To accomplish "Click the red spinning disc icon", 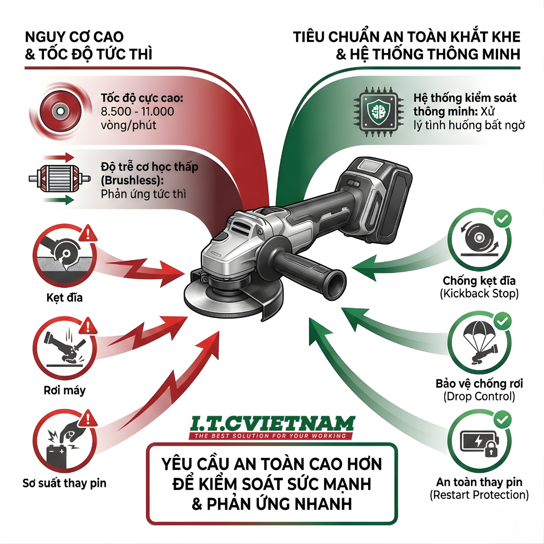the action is tap(60, 111).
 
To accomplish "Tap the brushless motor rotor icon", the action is tap(59, 179).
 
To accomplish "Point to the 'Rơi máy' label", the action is tap(64, 391).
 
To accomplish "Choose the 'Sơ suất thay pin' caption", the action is tap(64, 483).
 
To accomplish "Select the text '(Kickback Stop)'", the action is tap(479, 294).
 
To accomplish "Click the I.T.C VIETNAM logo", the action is tap(271, 427).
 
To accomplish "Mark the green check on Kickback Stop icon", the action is tap(503, 219).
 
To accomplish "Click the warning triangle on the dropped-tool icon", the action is tap(88, 326).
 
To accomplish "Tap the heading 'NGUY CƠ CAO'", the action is tap(74, 37).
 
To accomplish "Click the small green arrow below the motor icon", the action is tap(58, 200).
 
